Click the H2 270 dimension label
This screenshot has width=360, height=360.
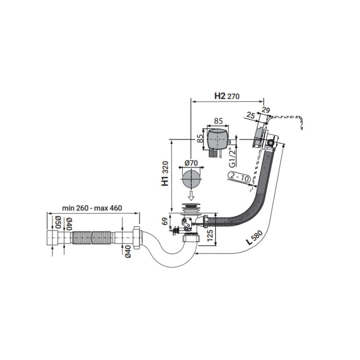pos(227,96)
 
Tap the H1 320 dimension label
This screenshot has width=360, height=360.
pos(165,173)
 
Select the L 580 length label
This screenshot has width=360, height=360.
pos(254,238)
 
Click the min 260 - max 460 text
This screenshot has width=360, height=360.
pos(92,208)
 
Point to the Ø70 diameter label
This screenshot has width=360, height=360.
pos(191,163)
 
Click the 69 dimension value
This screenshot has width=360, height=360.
pos(165,222)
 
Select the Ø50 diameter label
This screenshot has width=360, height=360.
pos(58,222)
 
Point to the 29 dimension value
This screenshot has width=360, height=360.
pos(266,110)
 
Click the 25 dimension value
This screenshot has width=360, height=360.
pos(251,115)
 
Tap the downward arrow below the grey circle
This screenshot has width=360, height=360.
pos(191,195)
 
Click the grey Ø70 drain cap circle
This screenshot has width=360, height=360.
pos(191,179)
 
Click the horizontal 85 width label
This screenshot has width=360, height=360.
pos(218,121)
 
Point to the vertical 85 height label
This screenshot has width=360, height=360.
pos(201,138)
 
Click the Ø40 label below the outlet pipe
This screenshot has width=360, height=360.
pos(128,251)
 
